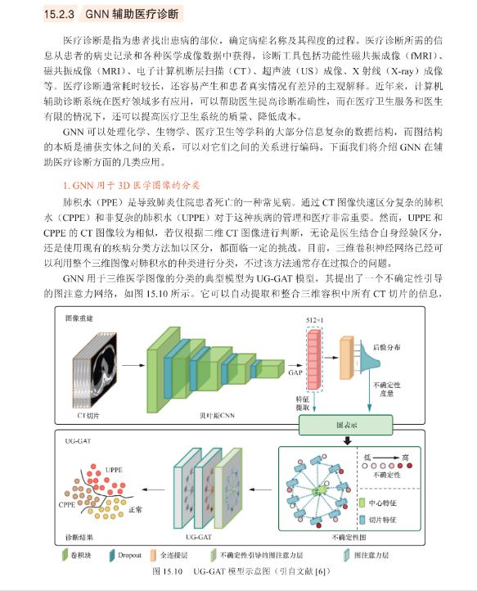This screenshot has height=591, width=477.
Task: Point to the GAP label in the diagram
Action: coord(295,372)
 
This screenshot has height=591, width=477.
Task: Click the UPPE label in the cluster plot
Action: coord(114,470)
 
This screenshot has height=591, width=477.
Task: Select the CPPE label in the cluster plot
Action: coord(67,505)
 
